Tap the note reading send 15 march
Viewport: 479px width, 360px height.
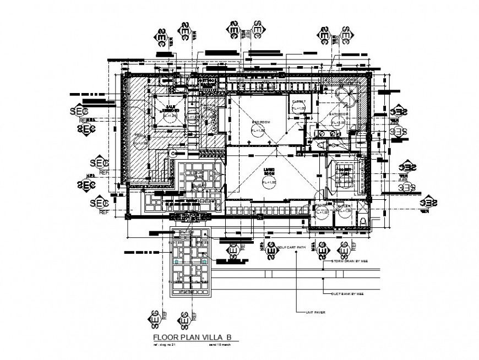pyautogui.click(x=223, y=346)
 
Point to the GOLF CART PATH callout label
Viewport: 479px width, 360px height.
pyautogui.click(x=292, y=248)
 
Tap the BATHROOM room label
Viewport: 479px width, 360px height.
pyautogui.click(x=336, y=114)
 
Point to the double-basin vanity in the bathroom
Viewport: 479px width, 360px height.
pyautogui.click(x=328, y=133)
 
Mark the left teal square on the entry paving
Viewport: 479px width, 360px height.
pyautogui.click(x=177, y=263)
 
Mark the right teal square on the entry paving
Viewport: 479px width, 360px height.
pyautogui.click(x=205, y=263)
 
